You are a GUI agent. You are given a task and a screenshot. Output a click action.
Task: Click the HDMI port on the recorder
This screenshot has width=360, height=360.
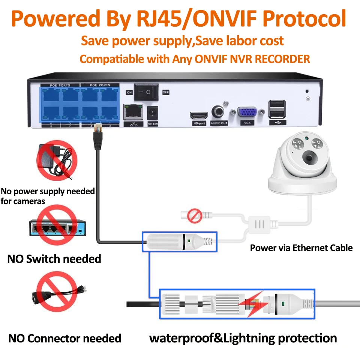coord(199,115)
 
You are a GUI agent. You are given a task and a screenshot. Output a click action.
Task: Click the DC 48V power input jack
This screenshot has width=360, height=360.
coord(153,112)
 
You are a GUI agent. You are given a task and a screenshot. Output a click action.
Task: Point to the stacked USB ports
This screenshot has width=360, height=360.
coord(277,109)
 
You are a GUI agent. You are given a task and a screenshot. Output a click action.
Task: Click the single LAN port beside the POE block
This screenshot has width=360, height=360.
coord(133,111)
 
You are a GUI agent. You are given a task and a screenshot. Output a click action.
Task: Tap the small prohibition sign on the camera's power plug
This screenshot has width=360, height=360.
coord(194,216)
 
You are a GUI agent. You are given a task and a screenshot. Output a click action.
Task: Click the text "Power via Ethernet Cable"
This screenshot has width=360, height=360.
coord(301,248)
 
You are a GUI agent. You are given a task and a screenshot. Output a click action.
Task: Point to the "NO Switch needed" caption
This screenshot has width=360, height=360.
coord(54,259)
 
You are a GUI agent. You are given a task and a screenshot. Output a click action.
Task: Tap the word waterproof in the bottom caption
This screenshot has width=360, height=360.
coord(178,338)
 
